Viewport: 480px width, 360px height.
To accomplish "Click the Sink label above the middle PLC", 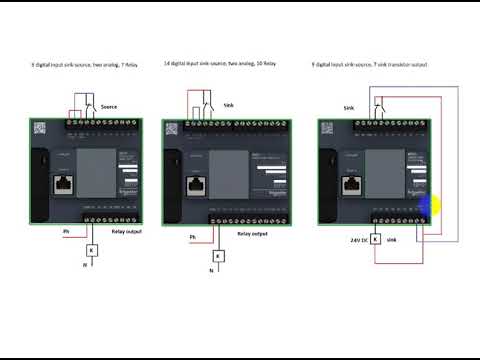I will click(228, 103).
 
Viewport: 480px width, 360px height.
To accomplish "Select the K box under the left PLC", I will click(91, 250).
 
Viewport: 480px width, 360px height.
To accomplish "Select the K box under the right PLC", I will click(375, 240).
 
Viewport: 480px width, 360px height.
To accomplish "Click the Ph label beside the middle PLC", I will click(192, 237).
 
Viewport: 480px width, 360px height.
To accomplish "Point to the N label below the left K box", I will click(85, 265).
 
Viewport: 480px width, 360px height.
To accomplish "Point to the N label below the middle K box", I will click(211, 270).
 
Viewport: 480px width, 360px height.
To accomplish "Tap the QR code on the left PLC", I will click(40, 130).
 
